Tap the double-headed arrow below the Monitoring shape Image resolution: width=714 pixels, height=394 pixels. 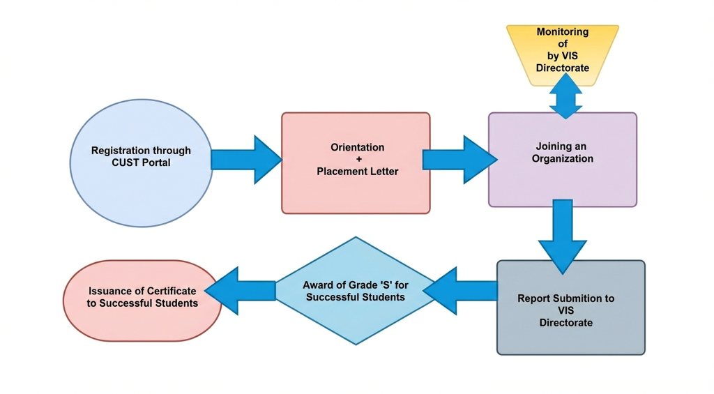coord(565,96)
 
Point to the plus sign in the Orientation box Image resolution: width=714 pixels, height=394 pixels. coord(358,159)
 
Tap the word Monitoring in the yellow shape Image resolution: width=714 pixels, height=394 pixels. coord(562,32)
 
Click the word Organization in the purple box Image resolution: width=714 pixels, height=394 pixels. coord(563,158)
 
